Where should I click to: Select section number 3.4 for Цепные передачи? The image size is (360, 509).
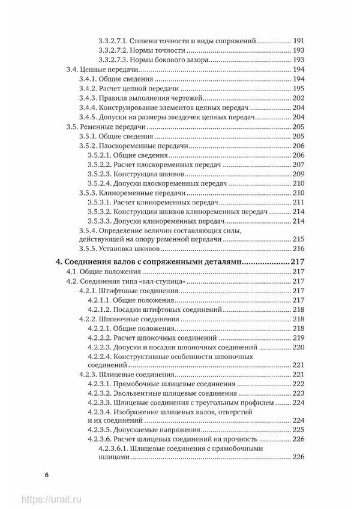tap(71, 70)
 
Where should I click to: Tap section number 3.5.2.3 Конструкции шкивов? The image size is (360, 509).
tap(100, 173)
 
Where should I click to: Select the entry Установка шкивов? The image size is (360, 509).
tap(136, 249)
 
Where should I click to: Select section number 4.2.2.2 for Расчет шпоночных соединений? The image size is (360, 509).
tap(100, 338)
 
